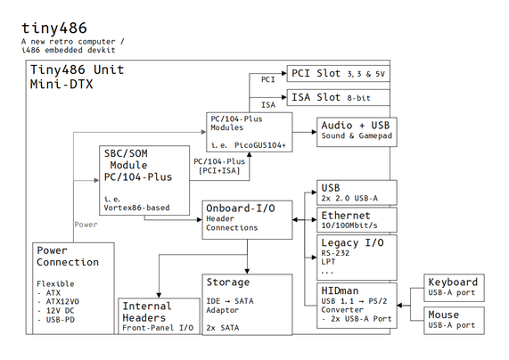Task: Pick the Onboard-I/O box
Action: point(247,218)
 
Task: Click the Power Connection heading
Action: point(68,256)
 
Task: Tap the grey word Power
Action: point(86,225)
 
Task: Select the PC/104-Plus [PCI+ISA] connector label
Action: point(219,166)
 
